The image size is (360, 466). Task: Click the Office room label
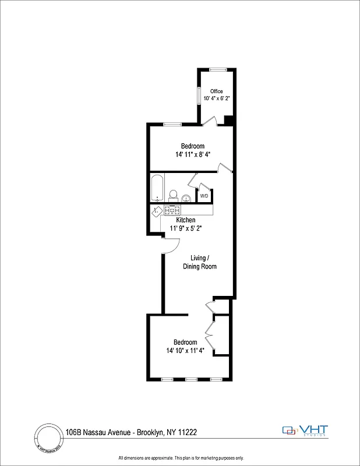point(216,91)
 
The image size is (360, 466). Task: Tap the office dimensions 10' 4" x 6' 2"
point(216,98)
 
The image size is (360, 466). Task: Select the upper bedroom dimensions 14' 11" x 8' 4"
point(192,154)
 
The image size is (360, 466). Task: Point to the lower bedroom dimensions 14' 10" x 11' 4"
point(185,351)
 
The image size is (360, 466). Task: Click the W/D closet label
point(204,196)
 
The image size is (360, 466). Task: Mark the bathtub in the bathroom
point(157,189)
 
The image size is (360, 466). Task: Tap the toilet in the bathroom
point(173,195)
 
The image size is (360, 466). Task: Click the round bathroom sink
point(186,198)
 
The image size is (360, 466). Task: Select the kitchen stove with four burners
point(172,210)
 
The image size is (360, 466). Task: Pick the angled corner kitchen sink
point(157,211)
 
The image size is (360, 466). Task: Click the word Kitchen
point(186,220)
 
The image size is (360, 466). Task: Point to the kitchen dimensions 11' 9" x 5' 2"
point(186,228)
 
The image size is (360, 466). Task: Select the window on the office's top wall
point(218,70)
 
